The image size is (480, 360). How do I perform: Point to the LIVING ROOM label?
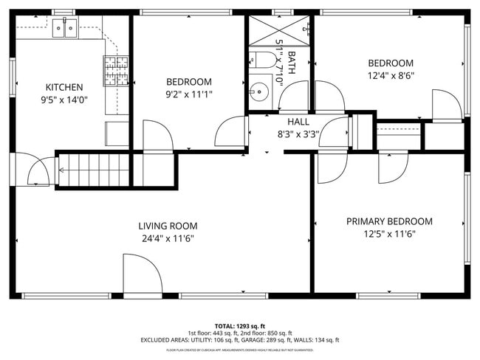coord(168,226)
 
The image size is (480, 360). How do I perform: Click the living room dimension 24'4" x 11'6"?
coord(168,239)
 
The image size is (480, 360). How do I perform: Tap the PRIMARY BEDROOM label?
coord(389,221)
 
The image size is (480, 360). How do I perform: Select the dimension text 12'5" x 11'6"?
coord(389,235)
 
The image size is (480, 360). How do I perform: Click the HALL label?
coord(298,122)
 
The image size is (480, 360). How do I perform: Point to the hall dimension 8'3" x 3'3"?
coord(298,134)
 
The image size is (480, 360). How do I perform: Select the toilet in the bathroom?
coord(261,62)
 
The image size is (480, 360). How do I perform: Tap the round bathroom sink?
coord(258,93)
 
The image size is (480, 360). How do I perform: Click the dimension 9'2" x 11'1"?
coord(188,94)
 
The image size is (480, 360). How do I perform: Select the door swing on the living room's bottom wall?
coord(143,275)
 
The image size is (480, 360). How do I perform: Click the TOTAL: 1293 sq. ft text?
coord(240,325)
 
